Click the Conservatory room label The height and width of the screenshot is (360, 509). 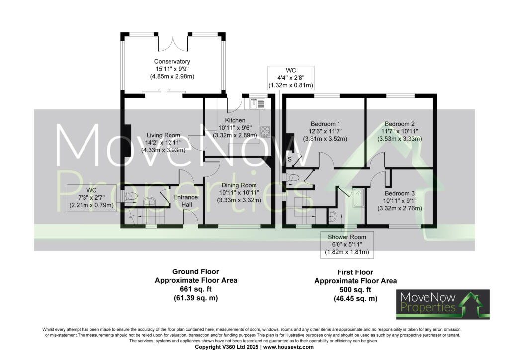pos(171,62)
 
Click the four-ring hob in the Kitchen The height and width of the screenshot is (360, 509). pos(264,131)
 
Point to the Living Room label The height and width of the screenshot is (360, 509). pos(163,134)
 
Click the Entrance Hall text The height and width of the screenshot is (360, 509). pos(185,201)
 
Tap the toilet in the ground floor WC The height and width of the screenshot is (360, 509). pos(131,196)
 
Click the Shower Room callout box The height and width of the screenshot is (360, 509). pos(346,244)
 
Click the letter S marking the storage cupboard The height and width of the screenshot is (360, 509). pos(290,159)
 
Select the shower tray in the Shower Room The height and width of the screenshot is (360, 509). pos(358,197)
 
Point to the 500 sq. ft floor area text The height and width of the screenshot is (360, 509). pos(355,290)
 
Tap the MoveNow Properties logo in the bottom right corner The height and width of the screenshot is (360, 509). pos(442,304)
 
